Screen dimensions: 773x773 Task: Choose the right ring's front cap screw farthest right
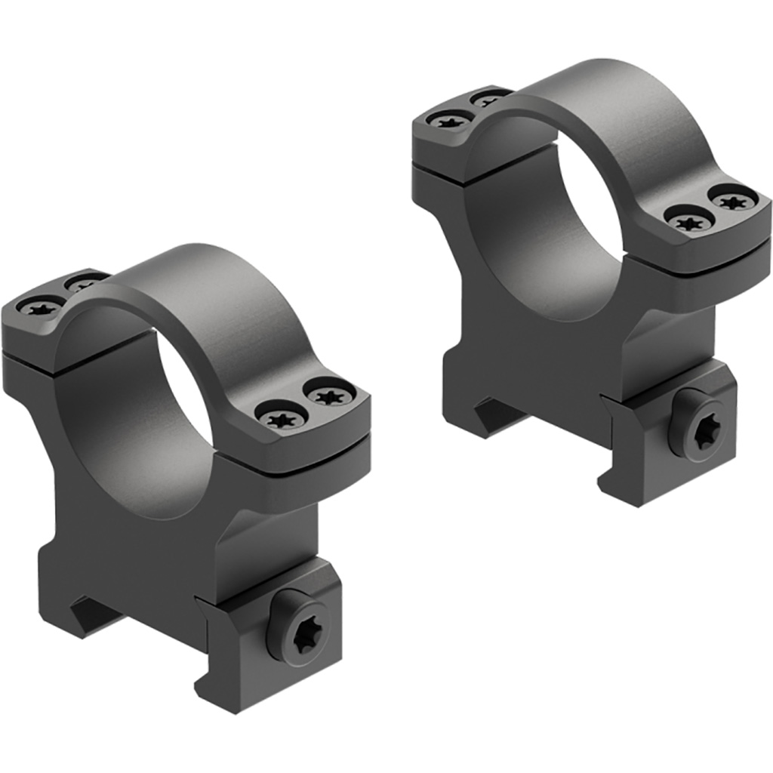[x=733, y=200]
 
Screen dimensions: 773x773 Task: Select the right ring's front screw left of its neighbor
[x=689, y=220]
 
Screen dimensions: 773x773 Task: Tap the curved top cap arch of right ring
[x=604, y=106]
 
